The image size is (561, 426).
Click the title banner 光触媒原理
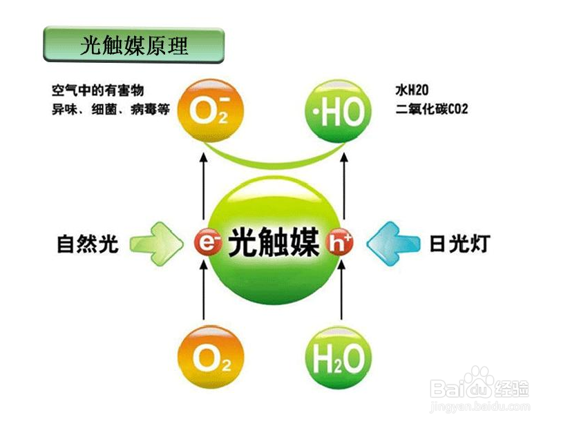[133, 46]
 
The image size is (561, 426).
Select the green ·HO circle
[339, 111]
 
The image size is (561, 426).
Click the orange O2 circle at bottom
[208, 357]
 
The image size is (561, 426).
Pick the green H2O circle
[339, 357]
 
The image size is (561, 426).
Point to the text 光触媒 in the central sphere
[274, 242]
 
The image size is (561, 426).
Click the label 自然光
[88, 244]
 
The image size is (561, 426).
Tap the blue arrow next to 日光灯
[392, 243]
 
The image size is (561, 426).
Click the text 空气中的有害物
[102, 91]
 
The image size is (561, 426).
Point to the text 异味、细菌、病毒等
[111, 109]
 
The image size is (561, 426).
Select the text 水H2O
[412, 91]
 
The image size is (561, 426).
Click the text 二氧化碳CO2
[432, 109]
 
